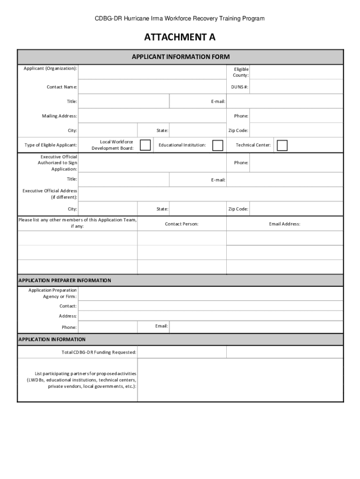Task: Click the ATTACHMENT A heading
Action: (180, 38)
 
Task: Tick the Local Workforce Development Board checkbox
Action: (145, 145)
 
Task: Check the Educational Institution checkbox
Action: (217, 145)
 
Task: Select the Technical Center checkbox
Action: (282, 145)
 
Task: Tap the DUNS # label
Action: (239, 87)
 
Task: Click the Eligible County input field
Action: (296, 72)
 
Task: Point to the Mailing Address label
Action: (59, 116)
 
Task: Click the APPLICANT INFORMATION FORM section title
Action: (180, 57)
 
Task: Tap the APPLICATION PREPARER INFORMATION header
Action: (65, 280)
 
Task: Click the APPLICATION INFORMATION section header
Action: (52, 339)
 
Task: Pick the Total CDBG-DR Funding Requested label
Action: (99, 352)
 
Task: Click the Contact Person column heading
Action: (181, 224)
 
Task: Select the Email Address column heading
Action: (284, 224)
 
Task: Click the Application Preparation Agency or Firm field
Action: (210, 293)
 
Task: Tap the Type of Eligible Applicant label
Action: (50, 145)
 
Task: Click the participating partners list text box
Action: (240, 380)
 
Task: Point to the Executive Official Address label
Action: (50, 194)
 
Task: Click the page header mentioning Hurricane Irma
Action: (180, 19)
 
